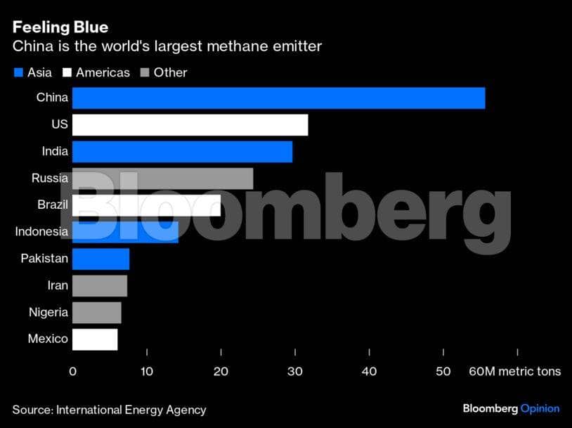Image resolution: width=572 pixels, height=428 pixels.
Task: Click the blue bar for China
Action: pyautogui.click(x=278, y=98)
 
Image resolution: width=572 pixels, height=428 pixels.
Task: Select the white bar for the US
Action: pyautogui.click(x=190, y=125)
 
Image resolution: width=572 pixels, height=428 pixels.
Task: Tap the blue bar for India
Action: pyautogui.click(x=182, y=152)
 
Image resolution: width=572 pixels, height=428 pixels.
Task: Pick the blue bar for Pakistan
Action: pyautogui.click(x=100, y=259)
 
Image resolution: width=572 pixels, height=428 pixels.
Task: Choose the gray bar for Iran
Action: pyautogui.click(x=100, y=286)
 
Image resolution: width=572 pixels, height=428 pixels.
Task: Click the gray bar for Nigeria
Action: pyautogui.click(x=96, y=313)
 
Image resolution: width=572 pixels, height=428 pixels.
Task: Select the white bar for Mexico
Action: pyautogui.click(x=95, y=339)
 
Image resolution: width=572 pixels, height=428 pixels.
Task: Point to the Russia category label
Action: pyautogui.click(x=49, y=179)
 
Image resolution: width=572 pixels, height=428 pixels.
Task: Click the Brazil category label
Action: pyautogui.click(x=52, y=205)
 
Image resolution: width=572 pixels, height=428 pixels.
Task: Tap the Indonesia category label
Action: pyautogui.click(x=41, y=232)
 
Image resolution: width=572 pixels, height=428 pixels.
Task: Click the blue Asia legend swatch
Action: pyautogui.click(x=18, y=72)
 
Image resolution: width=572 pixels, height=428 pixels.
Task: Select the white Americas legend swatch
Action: pyautogui.click(x=67, y=72)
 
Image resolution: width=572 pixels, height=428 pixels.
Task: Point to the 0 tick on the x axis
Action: pyautogui.click(x=72, y=371)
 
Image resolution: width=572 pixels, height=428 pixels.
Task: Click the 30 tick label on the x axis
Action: pyautogui.click(x=295, y=371)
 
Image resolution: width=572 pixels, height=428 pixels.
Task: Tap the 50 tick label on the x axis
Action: pyautogui.click(x=443, y=371)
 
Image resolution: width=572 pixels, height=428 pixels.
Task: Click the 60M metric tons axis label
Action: pyautogui.click(x=514, y=371)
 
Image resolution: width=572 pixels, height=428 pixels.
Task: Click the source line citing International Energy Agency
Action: pyautogui.click(x=109, y=410)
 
